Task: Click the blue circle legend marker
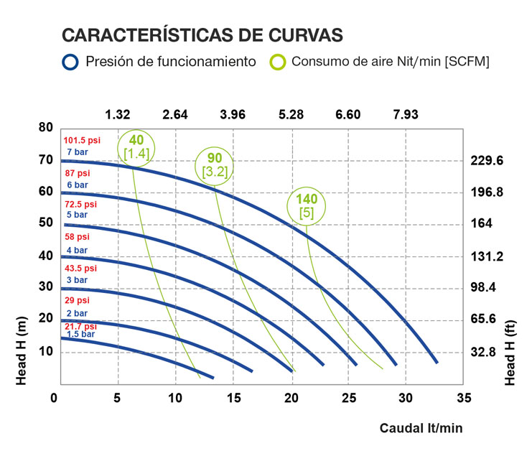point(70,62)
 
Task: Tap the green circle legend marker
point(278,62)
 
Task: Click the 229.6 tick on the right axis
point(488,160)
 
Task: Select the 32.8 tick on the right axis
point(485,352)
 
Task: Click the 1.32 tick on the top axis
point(118,115)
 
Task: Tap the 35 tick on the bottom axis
point(464,397)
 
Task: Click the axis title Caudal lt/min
point(421,428)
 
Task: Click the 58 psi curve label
point(78,236)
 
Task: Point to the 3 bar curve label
point(77,280)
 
